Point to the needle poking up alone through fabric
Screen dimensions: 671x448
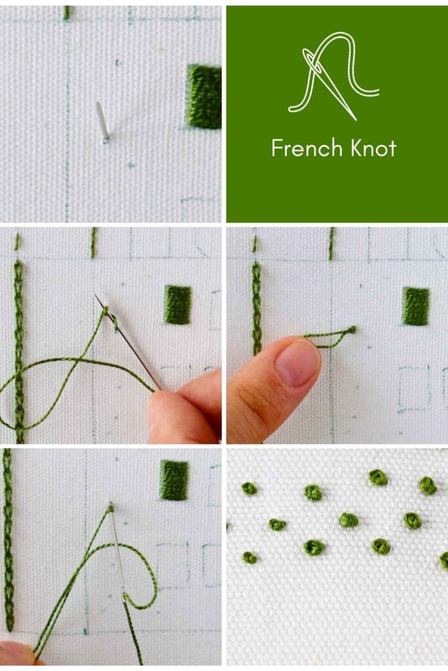click(102, 121)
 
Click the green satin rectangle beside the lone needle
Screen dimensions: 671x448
click(204, 96)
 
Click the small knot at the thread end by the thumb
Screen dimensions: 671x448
click(352, 330)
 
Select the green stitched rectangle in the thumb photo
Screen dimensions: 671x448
click(415, 306)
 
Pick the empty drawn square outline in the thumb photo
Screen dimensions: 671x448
click(414, 388)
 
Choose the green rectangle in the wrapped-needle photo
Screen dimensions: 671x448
click(178, 304)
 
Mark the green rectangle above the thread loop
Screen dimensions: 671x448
click(174, 480)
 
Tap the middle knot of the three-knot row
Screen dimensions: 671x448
click(349, 520)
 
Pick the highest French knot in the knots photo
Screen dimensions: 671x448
click(378, 477)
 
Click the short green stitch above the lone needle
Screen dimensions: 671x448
click(66, 12)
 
